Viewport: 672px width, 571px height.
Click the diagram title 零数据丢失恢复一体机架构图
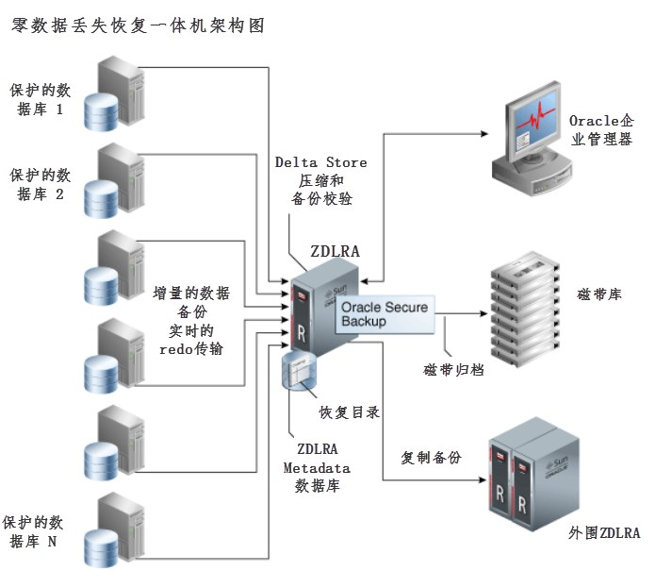(x=137, y=26)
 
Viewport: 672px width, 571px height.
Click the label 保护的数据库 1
(x=39, y=100)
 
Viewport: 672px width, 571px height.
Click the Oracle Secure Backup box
(x=384, y=314)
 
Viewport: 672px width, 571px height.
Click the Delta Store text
(x=320, y=162)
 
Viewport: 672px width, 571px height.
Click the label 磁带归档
(x=452, y=369)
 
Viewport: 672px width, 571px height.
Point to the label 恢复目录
(x=350, y=411)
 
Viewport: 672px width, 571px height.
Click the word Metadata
(x=317, y=468)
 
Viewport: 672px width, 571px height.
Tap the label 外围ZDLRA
(x=604, y=533)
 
